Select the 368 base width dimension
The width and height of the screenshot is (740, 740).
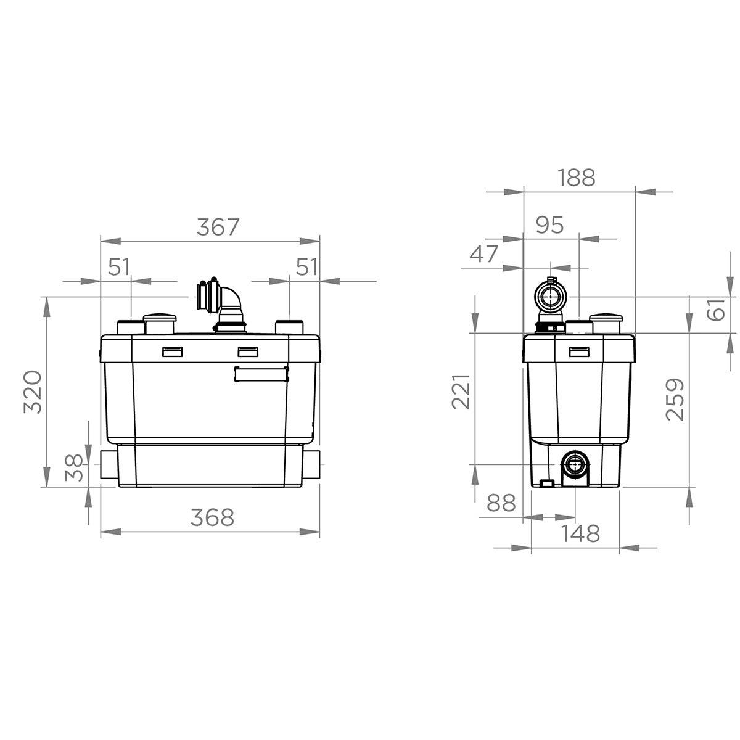[212, 517]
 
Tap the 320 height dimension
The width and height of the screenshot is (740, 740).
[33, 392]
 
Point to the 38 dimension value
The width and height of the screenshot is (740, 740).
[74, 467]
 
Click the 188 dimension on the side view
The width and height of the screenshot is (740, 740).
[577, 178]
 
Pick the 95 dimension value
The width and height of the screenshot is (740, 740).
[550, 225]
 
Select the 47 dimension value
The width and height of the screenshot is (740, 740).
[484, 253]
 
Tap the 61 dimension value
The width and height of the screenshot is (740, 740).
[716, 309]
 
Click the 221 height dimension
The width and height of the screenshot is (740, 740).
[461, 392]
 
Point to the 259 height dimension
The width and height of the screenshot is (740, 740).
[675, 400]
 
